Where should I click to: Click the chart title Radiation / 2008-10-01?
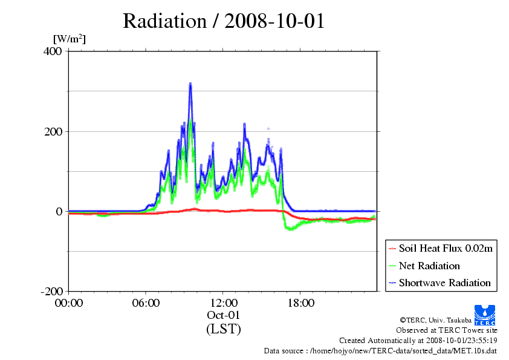coord(224,21)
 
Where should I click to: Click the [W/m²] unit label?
coord(70,39)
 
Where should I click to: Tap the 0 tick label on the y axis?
coord(59,211)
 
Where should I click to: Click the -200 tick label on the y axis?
coord(52,292)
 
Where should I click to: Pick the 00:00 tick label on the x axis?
coord(69,303)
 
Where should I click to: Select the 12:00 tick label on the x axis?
coord(224,303)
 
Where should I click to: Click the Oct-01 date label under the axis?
coord(224,315)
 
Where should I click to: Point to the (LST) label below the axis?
coord(224,329)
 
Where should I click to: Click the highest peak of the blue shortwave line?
coord(190,84)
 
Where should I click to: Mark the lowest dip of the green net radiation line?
coord(291,229)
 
